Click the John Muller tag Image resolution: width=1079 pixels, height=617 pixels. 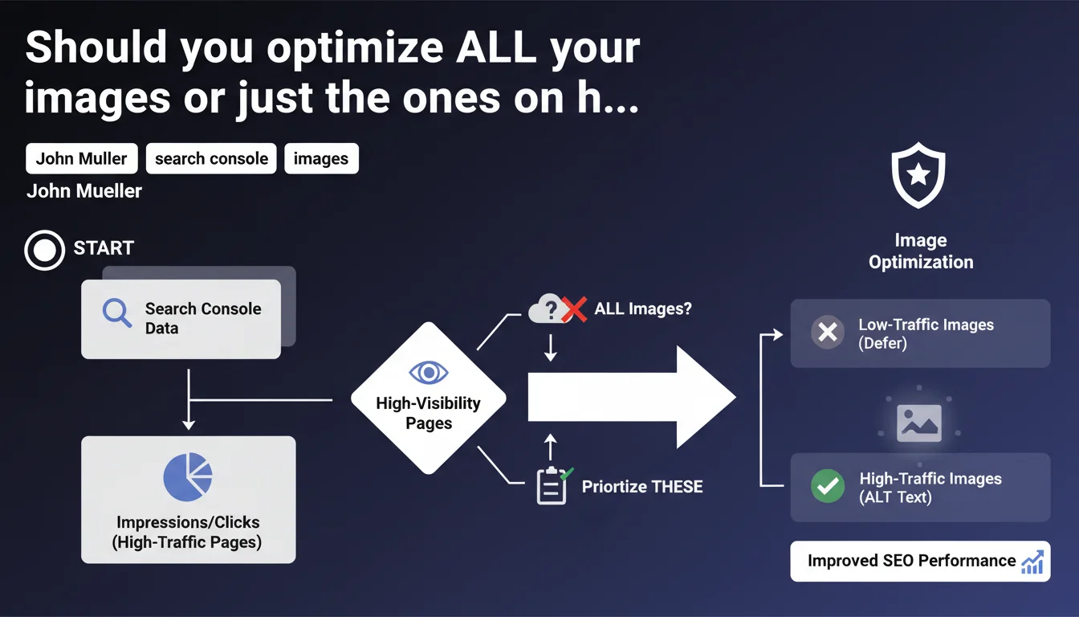[82, 158]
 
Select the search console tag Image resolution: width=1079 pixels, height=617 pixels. [211, 158]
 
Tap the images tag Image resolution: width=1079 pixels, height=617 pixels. [321, 158]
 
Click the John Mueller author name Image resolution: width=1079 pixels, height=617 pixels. [84, 191]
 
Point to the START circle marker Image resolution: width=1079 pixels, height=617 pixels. [45, 250]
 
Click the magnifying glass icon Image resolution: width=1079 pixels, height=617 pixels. [117, 313]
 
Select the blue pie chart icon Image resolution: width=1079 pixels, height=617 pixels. [188, 476]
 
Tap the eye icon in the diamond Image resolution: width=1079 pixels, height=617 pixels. [428, 373]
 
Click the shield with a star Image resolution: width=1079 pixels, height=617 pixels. [918, 175]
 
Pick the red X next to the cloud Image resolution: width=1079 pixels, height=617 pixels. [574, 309]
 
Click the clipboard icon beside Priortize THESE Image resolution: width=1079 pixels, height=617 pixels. [552, 486]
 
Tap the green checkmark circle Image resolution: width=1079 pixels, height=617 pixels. [828, 486]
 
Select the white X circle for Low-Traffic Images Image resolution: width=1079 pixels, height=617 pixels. [828, 332]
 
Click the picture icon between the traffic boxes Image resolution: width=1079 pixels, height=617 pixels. [919, 423]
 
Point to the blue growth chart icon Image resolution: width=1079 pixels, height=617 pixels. [1032, 562]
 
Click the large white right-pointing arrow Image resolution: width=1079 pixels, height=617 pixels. [632, 397]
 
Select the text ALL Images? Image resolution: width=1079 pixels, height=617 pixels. [643, 308]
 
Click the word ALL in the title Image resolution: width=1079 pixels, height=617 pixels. [496, 47]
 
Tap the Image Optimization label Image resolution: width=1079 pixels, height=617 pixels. [921, 251]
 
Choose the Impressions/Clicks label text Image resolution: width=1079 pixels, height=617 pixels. [188, 522]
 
